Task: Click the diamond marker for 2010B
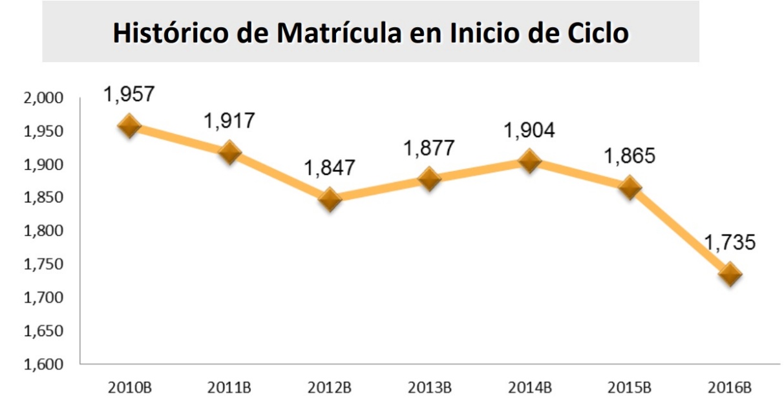pos(129,125)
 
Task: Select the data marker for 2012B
pos(330,199)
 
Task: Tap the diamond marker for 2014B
pos(529,161)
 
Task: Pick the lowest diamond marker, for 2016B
pos(730,273)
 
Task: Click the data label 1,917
pos(230,121)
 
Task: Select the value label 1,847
pos(330,168)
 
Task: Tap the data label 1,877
pos(429,148)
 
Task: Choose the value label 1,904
pos(529,130)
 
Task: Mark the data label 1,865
pos(630,156)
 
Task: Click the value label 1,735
pos(730,243)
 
